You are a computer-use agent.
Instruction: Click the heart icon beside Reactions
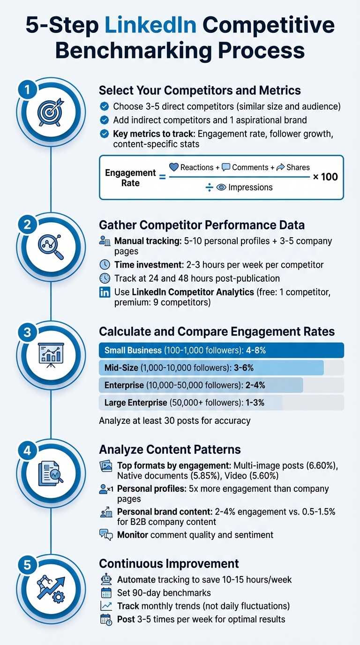point(174,167)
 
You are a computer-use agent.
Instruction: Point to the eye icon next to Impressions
point(222,187)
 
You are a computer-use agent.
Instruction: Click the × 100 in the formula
point(326,177)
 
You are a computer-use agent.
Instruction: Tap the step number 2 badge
point(27,224)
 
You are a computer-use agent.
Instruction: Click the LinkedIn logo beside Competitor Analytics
point(105,292)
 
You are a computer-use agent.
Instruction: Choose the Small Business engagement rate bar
point(221,351)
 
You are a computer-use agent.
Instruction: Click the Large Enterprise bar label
point(135,403)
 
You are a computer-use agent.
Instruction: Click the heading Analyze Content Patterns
point(170,450)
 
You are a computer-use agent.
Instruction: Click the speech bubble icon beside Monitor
point(106,535)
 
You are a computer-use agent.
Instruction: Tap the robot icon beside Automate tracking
point(106,580)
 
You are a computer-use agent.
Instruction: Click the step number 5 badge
point(27,565)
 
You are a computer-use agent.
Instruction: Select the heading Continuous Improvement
point(169,563)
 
